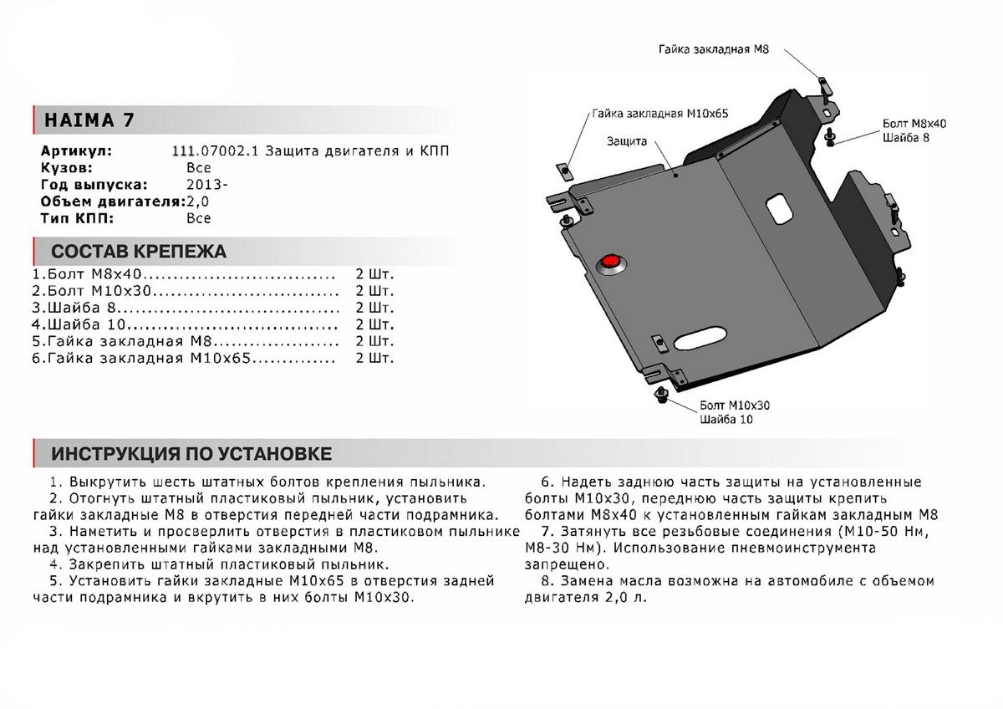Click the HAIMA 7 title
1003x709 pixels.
pos(84,120)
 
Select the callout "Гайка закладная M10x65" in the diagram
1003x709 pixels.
pos(658,113)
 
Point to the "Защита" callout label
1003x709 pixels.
pos(628,141)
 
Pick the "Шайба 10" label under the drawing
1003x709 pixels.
pos(726,420)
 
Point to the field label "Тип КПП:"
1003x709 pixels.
pos(76,218)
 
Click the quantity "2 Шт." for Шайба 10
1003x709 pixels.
pos(374,324)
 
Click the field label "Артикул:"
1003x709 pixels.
pos(75,151)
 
